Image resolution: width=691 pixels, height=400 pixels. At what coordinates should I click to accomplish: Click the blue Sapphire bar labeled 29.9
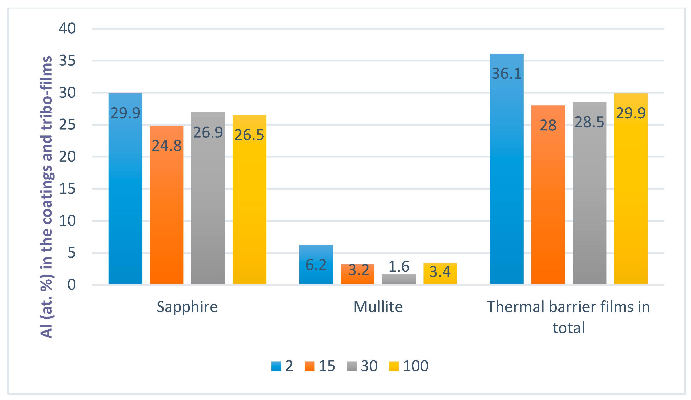click(x=125, y=192)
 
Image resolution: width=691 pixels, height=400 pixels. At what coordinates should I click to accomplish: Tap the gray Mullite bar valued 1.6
click(x=399, y=279)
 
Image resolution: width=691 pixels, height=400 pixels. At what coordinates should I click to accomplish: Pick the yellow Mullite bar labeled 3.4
click(x=440, y=277)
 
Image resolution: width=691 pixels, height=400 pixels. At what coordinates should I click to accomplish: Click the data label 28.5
click(x=589, y=122)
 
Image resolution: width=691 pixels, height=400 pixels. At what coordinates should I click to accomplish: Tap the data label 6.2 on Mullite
click(x=316, y=265)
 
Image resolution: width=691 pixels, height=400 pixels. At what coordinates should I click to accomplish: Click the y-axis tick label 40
click(x=67, y=28)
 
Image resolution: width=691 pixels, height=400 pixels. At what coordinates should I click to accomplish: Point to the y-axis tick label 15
click(x=67, y=189)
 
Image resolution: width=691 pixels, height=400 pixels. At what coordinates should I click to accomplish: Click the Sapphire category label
click(x=187, y=307)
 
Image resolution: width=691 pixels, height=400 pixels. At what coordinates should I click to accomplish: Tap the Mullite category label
click(x=378, y=307)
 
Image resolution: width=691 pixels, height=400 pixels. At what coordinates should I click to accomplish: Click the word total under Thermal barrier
click(x=568, y=328)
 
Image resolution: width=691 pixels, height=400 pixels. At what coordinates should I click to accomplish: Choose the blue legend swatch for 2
click(x=276, y=366)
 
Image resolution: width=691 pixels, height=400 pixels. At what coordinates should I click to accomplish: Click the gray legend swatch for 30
click(x=352, y=366)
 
